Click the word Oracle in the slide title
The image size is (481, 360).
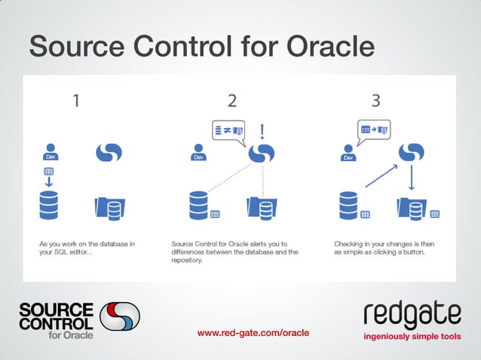tap(329, 47)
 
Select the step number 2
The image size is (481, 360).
tap(231, 100)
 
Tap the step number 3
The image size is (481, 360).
tap(375, 100)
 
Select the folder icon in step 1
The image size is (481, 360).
tap(109, 207)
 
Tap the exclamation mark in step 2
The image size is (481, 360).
tap(262, 133)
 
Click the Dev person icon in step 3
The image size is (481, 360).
tap(349, 152)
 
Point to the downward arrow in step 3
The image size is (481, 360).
tap(411, 178)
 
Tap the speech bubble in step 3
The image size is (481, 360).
tap(374, 131)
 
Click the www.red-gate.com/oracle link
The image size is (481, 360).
tap(253, 332)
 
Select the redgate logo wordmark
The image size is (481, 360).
tap(411, 315)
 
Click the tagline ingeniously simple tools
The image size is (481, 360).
tap(411, 336)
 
